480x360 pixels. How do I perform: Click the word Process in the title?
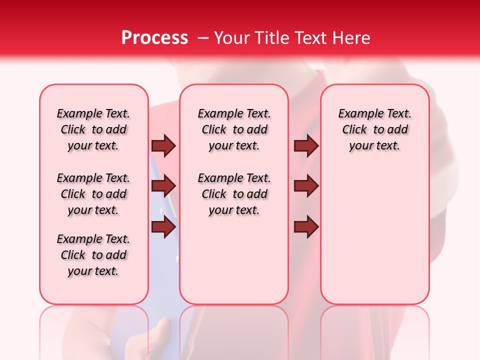tap(154, 37)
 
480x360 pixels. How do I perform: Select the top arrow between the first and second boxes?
tap(163, 145)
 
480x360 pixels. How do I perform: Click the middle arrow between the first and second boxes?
tap(163, 186)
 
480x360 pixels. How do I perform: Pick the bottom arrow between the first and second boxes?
tap(163, 227)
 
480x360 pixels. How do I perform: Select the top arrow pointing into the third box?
tap(306, 145)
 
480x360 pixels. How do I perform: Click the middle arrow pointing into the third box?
tap(306, 186)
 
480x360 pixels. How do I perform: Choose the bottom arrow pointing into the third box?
tap(306, 227)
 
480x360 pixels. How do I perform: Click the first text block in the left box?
tap(93, 129)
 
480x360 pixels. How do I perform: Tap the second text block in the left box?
tap(93, 194)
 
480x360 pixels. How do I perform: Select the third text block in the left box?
tap(93, 255)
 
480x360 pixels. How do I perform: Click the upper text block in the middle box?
tap(234, 129)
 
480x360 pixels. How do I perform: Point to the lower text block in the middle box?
tap(234, 194)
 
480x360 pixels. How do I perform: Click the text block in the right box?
tap(375, 129)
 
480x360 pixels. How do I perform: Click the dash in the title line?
tap(203, 38)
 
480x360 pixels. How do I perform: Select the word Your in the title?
tap(232, 37)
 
